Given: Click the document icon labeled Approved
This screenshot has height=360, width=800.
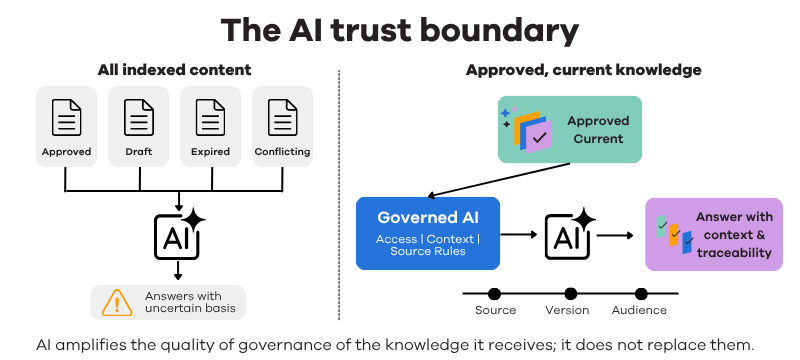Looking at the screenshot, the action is click(66, 117).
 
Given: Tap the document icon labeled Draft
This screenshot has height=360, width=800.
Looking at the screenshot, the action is click(139, 117).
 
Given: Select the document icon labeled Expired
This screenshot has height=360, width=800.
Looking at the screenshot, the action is click(211, 117).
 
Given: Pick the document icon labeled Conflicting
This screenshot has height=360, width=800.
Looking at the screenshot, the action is click(283, 117).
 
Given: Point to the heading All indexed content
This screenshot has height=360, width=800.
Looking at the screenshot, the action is click(174, 70).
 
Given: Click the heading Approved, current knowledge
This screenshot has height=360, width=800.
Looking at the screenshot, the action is click(584, 70).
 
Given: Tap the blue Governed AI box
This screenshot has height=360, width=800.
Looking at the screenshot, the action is click(428, 234).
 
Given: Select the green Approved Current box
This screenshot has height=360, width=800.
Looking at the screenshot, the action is click(569, 130).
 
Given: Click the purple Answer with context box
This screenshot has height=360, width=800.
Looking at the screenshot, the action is click(714, 234).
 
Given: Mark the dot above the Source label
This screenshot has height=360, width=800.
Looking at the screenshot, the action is click(494, 294).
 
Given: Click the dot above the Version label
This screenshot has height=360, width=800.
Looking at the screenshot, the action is click(570, 294).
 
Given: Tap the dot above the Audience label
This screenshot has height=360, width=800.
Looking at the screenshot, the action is click(641, 294).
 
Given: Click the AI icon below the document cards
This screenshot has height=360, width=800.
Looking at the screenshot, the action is click(179, 235).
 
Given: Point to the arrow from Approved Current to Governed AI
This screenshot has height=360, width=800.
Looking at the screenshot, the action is click(498, 179).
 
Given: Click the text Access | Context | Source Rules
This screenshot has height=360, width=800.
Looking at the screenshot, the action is click(428, 245).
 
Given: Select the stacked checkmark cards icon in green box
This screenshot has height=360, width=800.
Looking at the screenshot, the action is click(528, 130).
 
